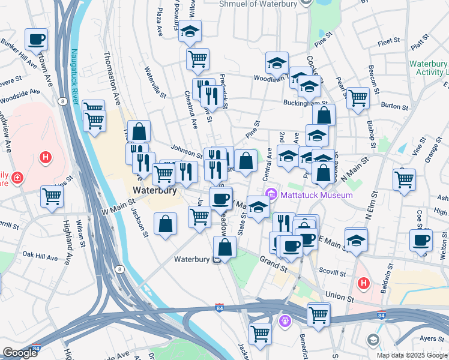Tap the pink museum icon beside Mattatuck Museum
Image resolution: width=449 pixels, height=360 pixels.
click(x=271, y=194)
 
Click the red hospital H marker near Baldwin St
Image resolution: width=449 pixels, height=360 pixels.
click(x=363, y=283)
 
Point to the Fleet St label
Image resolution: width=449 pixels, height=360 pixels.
click(x=389, y=41)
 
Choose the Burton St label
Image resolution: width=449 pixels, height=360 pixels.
click(x=394, y=106)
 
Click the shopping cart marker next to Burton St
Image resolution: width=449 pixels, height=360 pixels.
click(x=358, y=98)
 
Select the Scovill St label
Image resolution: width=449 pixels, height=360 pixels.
click(x=330, y=271)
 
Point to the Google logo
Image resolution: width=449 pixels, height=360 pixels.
click(x=20, y=352)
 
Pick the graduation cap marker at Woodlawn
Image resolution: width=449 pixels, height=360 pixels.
click(x=277, y=62)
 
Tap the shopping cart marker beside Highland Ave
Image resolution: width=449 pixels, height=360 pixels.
click(x=52, y=196)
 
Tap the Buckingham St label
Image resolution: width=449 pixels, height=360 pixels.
click(x=303, y=103)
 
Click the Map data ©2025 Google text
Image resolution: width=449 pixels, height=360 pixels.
click(x=412, y=355)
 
